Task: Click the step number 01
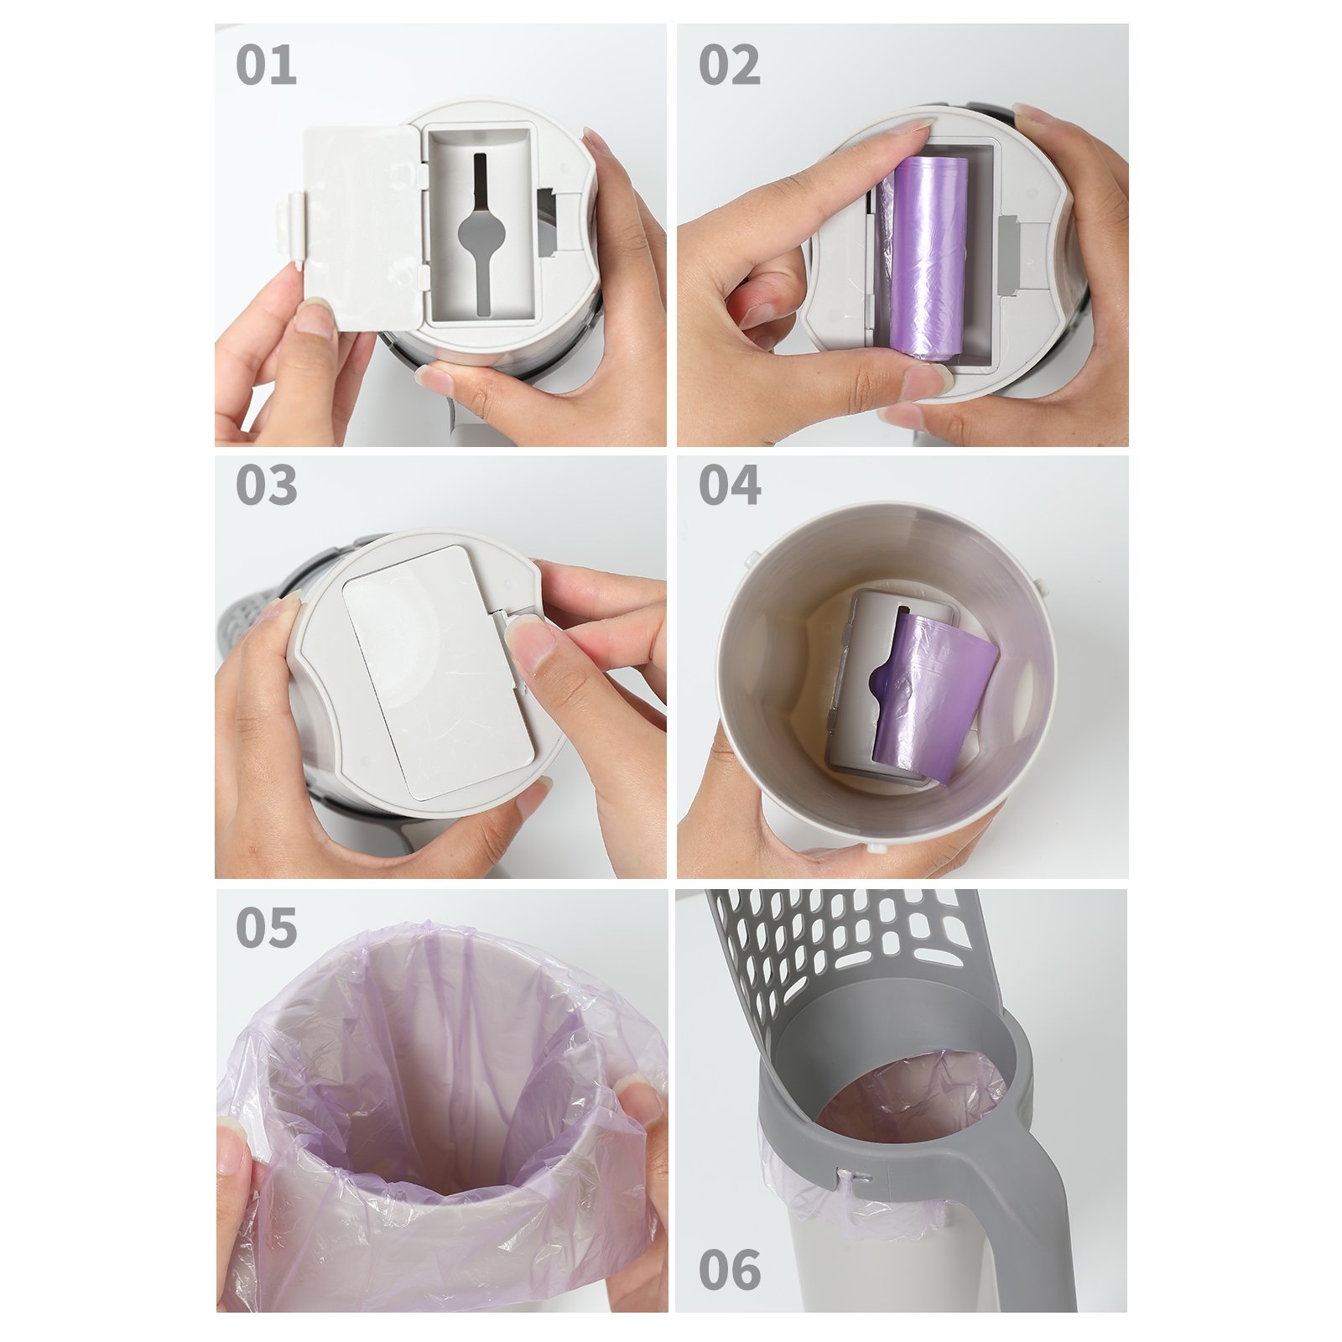(x=266, y=65)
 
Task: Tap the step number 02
(x=729, y=65)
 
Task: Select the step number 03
(x=266, y=486)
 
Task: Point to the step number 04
(x=729, y=486)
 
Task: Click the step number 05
(x=266, y=928)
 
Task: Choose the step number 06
(x=729, y=1270)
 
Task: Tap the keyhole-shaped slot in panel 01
(x=481, y=231)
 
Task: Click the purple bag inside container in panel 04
(x=931, y=696)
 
